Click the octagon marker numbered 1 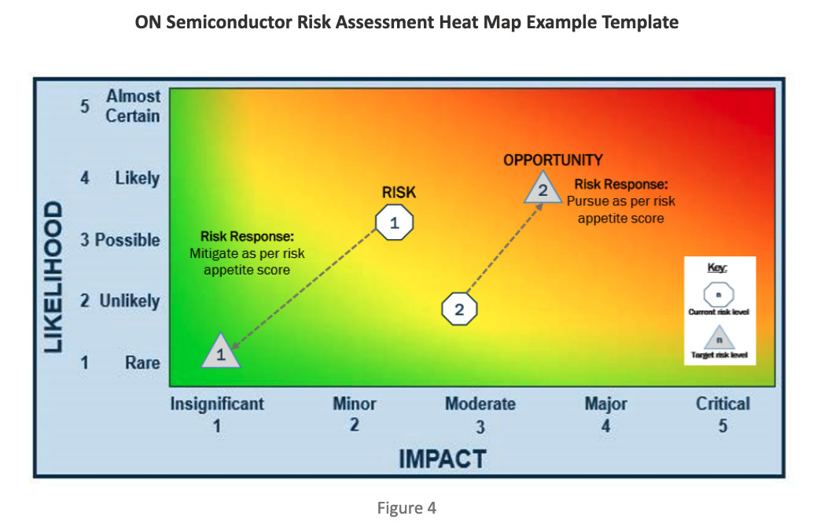click(x=394, y=223)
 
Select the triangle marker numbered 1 click(x=221, y=351)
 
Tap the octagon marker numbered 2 click(x=459, y=309)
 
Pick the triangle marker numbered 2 click(x=543, y=188)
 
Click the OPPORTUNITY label click(x=553, y=160)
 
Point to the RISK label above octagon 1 click(x=399, y=193)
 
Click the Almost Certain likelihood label click(x=133, y=105)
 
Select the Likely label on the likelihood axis click(x=137, y=178)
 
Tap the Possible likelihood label click(x=127, y=240)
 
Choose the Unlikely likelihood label click(x=130, y=300)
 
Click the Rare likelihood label click(x=142, y=363)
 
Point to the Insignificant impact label click(x=217, y=404)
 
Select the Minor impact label click(x=354, y=404)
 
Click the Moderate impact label click(x=480, y=404)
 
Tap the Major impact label click(x=606, y=404)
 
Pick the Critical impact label click(x=723, y=404)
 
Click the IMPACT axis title click(x=443, y=459)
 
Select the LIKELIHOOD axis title click(x=53, y=277)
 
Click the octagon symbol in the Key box click(x=719, y=294)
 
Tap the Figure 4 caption click(x=406, y=508)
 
